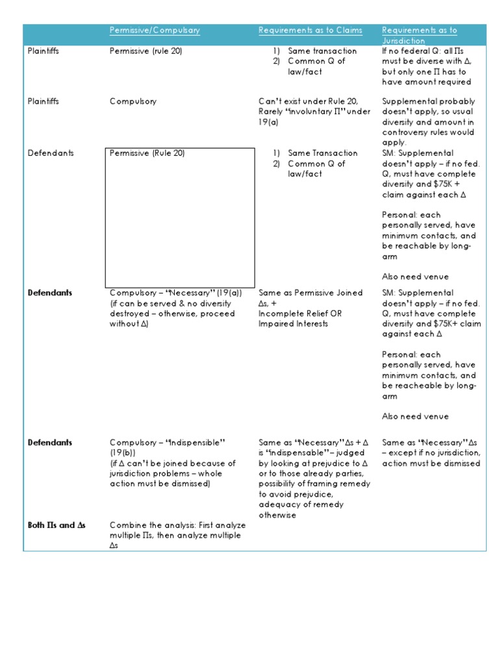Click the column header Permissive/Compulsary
coord(155,31)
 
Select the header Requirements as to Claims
coord(311,31)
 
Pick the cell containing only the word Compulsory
coord(133,101)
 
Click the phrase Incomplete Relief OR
coord(300,314)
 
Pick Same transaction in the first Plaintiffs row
coord(322,51)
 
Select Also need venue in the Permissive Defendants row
coord(415,277)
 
